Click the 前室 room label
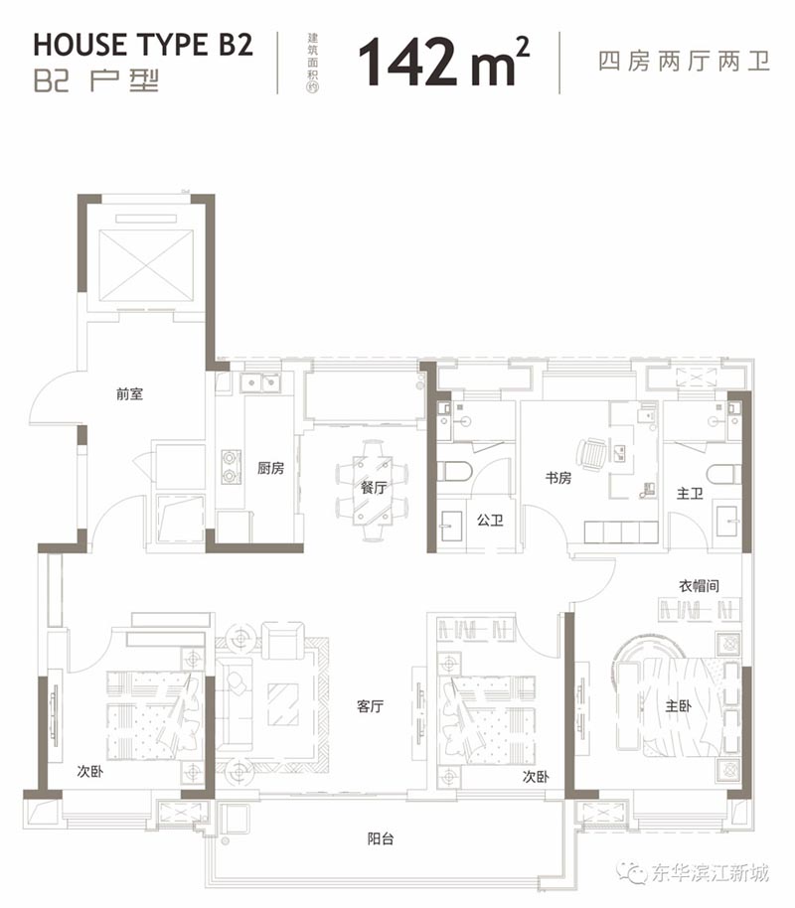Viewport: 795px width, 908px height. coord(129,393)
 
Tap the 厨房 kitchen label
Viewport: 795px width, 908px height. coord(270,468)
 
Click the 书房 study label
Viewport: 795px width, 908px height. coord(558,478)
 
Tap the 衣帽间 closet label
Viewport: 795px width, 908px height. coord(696,586)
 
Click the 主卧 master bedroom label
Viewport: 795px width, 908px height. coord(679,707)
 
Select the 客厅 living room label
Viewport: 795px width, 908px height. coord(371,707)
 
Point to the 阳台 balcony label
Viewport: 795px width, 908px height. coord(381,838)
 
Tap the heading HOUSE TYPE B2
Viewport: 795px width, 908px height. coord(143,46)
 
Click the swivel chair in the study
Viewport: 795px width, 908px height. coord(591,455)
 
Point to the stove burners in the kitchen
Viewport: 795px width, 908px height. coord(231,467)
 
